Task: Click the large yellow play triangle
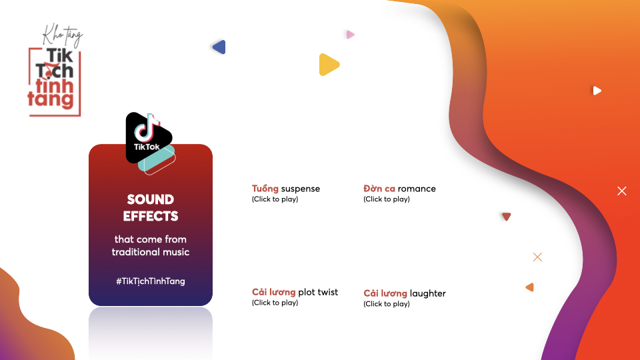pyautogui.click(x=328, y=65)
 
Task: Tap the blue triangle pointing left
pyautogui.click(x=219, y=47)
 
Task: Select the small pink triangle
pyautogui.click(x=350, y=35)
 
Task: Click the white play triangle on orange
pyautogui.click(x=597, y=91)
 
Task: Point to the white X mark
pyautogui.click(x=621, y=191)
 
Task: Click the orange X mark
pyautogui.click(x=537, y=257)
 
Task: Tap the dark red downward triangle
pyautogui.click(x=506, y=216)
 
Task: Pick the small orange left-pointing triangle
pyautogui.click(x=530, y=287)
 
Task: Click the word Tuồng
pyautogui.click(x=265, y=189)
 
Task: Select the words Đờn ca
pyautogui.click(x=379, y=189)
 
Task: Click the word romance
pyautogui.click(x=417, y=189)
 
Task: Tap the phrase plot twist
pyautogui.click(x=318, y=292)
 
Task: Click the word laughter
pyautogui.click(x=428, y=293)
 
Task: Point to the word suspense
pyautogui.click(x=301, y=189)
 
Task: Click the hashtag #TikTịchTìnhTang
pyautogui.click(x=151, y=281)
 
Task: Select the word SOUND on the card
pyautogui.click(x=151, y=199)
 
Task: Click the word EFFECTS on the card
pyautogui.click(x=151, y=216)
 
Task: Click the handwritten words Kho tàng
pyautogui.click(x=63, y=35)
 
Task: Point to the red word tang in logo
pyautogui.click(x=51, y=99)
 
